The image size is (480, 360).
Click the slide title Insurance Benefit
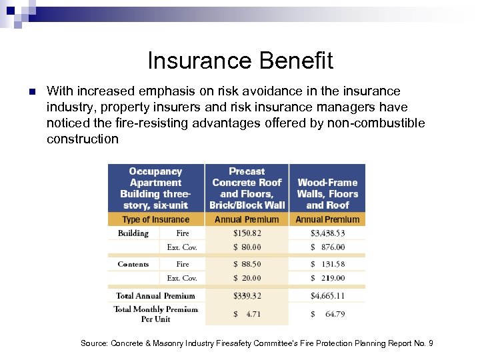pyautogui.click(x=240, y=61)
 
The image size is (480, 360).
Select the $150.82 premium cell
pyautogui.click(x=247, y=233)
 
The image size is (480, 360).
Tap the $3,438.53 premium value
pyautogui.click(x=327, y=233)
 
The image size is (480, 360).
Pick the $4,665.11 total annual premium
pyautogui.click(x=327, y=295)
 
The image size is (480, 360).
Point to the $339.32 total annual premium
pyautogui.click(x=247, y=295)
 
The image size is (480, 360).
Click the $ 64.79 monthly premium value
pyautogui.click(x=327, y=313)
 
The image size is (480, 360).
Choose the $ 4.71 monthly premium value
pyautogui.click(x=247, y=313)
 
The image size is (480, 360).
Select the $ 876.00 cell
pyautogui.click(x=327, y=247)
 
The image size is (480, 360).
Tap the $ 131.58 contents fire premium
pyautogui.click(x=327, y=264)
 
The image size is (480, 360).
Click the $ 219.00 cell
pyautogui.click(x=327, y=278)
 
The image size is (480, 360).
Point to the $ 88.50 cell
pyautogui.click(x=247, y=264)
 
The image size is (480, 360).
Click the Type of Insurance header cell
pyautogui.click(x=155, y=219)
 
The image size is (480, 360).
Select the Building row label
pyautogui.click(x=133, y=233)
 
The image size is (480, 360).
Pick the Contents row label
pyautogui.click(x=133, y=264)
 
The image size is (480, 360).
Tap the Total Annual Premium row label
pyautogui.click(x=155, y=295)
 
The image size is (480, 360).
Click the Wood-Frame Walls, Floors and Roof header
pyautogui.click(x=327, y=193)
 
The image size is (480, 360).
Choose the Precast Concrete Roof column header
pyautogui.click(x=247, y=188)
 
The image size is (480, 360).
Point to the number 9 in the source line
pyautogui.click(x=431, y=343)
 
